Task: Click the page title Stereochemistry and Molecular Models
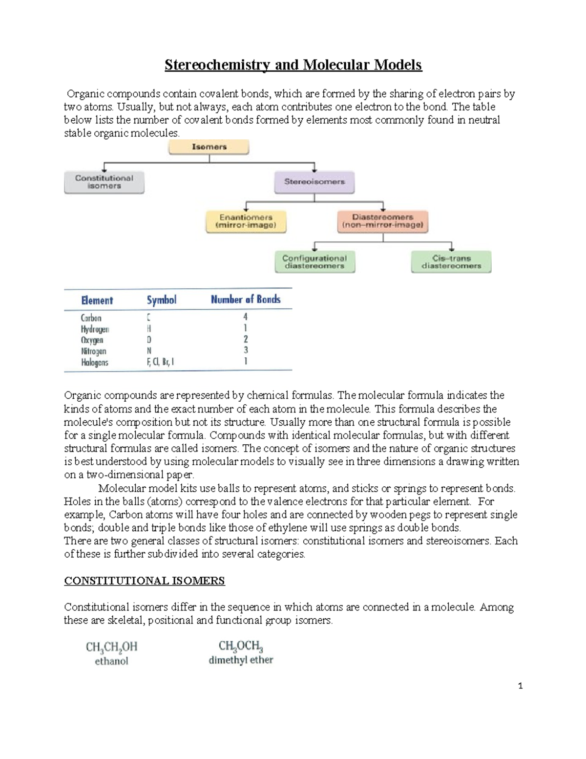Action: pos(293,65)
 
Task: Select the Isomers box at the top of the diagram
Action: pos(209,147)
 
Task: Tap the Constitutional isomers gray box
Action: pos(104,182)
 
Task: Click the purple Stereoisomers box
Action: pos(314,181)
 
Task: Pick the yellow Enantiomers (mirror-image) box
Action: pos(246,221)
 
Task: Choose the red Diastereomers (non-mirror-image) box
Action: pos(382,221)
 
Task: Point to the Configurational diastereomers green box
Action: pos(314,262)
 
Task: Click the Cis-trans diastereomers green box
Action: pos(451,262)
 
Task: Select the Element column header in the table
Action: pos(97,300)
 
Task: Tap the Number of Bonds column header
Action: pos(246,299)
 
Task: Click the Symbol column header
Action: pos(162,300)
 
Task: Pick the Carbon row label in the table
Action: pos(91,318)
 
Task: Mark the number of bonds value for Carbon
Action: pos(246,317)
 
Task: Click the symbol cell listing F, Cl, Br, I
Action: pos(160,362)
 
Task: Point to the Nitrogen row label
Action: pos(93,351)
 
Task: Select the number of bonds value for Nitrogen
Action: pos(246,350)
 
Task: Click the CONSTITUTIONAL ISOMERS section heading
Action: pos(145,581)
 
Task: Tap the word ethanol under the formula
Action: pos(111,661)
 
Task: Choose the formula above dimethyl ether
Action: pos(241,647)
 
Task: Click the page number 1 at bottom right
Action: pos(520,686)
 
